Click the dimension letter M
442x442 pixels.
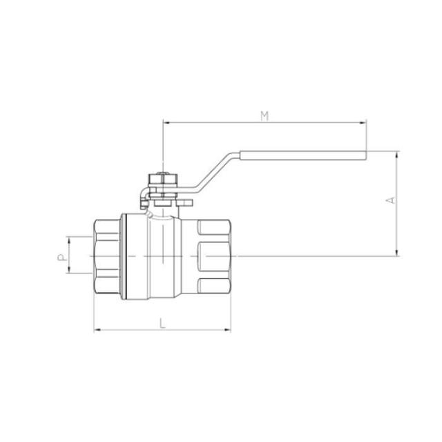pos(265,116)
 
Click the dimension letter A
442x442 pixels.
pos(390,200)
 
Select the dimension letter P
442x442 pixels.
pos(62,257)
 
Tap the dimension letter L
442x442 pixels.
pos(162,323)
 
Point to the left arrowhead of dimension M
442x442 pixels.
pos(166,123)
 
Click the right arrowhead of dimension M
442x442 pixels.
pos(363,123)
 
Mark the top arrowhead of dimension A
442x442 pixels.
pos(397,155)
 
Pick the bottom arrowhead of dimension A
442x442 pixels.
pos(397,253)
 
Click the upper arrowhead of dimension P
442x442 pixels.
pos(68,240)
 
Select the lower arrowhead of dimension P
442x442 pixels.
pos(68,270)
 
